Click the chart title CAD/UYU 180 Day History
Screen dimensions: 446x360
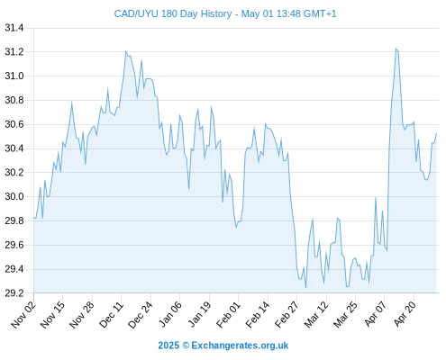coord(173,13)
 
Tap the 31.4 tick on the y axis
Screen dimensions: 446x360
coord(14,28)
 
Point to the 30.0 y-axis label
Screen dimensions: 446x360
coord(14,196)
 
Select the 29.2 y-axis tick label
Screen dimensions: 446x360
coord(14,293)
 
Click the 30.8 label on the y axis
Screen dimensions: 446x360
coord(14,100)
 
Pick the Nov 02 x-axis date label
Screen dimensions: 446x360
coord(23,314)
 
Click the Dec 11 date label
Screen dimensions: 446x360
coord(112,314)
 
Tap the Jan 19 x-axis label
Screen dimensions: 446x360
coord(199,314)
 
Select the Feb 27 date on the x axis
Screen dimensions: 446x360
coord(287,314)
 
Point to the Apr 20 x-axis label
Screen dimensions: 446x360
coord(405,314)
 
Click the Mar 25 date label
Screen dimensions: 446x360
coord(345,314)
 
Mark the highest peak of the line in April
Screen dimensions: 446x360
coord(396,49)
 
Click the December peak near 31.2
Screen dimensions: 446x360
coord(126,51)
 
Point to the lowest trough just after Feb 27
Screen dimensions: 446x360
coord(305,288)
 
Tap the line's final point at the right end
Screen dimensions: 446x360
coord(436,133)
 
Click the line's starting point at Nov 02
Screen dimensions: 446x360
coord(34,217)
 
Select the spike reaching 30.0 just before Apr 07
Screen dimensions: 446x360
coord(376,197)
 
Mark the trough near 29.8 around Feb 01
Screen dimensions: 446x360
coord(236,227)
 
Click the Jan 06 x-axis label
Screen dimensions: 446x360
coord(170,314)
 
